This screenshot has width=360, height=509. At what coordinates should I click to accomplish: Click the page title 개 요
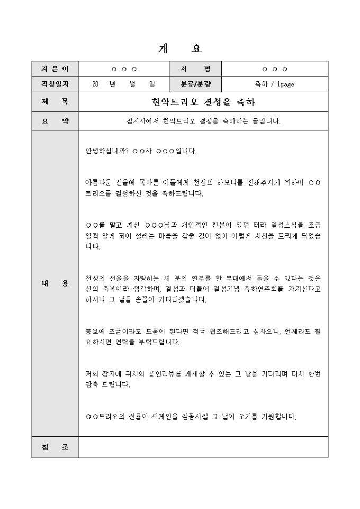179,49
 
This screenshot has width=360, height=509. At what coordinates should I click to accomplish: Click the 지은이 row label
55,69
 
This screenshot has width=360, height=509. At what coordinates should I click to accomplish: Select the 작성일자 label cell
55,84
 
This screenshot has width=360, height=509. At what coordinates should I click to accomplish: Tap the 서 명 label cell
195,69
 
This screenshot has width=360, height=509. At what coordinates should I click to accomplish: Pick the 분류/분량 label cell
195,84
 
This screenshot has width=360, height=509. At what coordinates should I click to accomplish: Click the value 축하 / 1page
274,84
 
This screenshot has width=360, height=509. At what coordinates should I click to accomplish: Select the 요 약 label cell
55,121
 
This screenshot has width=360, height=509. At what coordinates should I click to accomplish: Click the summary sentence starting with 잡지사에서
203,121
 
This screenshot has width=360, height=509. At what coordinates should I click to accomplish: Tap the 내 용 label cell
55,284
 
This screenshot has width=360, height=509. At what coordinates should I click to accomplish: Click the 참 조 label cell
55,447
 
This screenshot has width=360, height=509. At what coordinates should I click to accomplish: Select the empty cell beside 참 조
203,447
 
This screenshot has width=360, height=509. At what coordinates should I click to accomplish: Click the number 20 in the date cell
95,84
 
